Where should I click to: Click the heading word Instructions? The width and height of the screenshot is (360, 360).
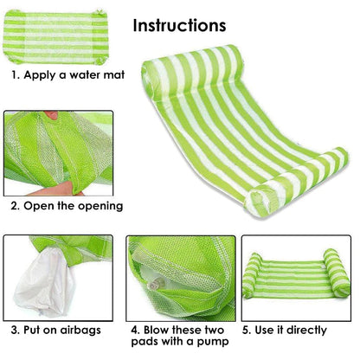(x=179, y=25)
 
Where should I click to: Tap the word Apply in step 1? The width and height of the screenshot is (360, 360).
(x=39, y=75)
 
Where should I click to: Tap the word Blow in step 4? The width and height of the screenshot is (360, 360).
(x=156, y=330)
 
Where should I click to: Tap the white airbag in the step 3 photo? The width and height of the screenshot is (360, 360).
(x=45, y=283)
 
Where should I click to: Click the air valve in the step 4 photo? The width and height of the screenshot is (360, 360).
(x=156, y=284)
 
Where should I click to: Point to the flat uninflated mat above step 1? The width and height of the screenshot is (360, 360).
(x=55, y=36)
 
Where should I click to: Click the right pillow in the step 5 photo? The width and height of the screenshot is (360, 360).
(x=337, y=273)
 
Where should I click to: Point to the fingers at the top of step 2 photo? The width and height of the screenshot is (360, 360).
(x=52, y=115)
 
